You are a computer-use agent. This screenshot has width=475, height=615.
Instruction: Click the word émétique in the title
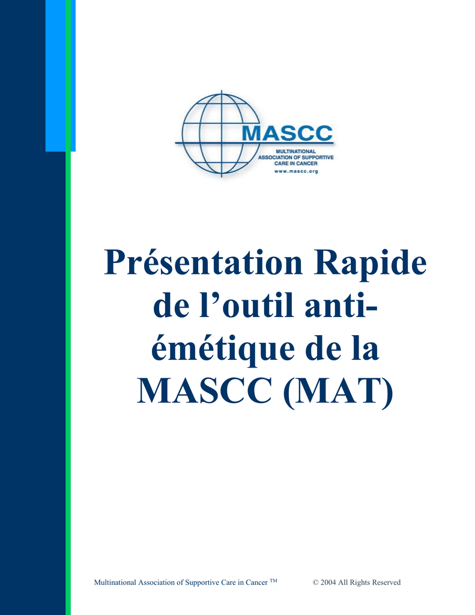(x=223, y=348)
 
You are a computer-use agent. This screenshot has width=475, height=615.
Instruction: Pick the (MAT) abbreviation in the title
(x=337, y=392)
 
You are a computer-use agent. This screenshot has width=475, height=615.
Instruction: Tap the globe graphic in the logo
(x=221, y=133)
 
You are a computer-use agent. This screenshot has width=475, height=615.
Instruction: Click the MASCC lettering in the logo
(x=287, y=133)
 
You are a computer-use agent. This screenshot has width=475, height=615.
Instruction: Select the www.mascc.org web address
(x=296, y=171)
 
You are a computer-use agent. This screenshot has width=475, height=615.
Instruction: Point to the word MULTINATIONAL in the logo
(x=295, y=151)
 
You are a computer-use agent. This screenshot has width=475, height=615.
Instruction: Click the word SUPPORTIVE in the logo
(x=318, y=157)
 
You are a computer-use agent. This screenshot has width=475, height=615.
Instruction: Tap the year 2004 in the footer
(x=328, y=583)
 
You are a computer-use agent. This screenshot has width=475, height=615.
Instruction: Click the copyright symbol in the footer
(x=315, y=583)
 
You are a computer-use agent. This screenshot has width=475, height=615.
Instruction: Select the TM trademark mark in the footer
(x=273, y=581)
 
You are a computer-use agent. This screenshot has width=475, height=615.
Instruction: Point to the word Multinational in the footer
(x=115, y=583)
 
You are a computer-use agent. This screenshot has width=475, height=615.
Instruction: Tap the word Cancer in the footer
(x=256, y=583)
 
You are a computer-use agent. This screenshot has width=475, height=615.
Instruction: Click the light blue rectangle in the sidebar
(x=56, y=76)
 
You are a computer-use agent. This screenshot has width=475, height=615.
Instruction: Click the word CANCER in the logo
(x=306, y=163)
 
